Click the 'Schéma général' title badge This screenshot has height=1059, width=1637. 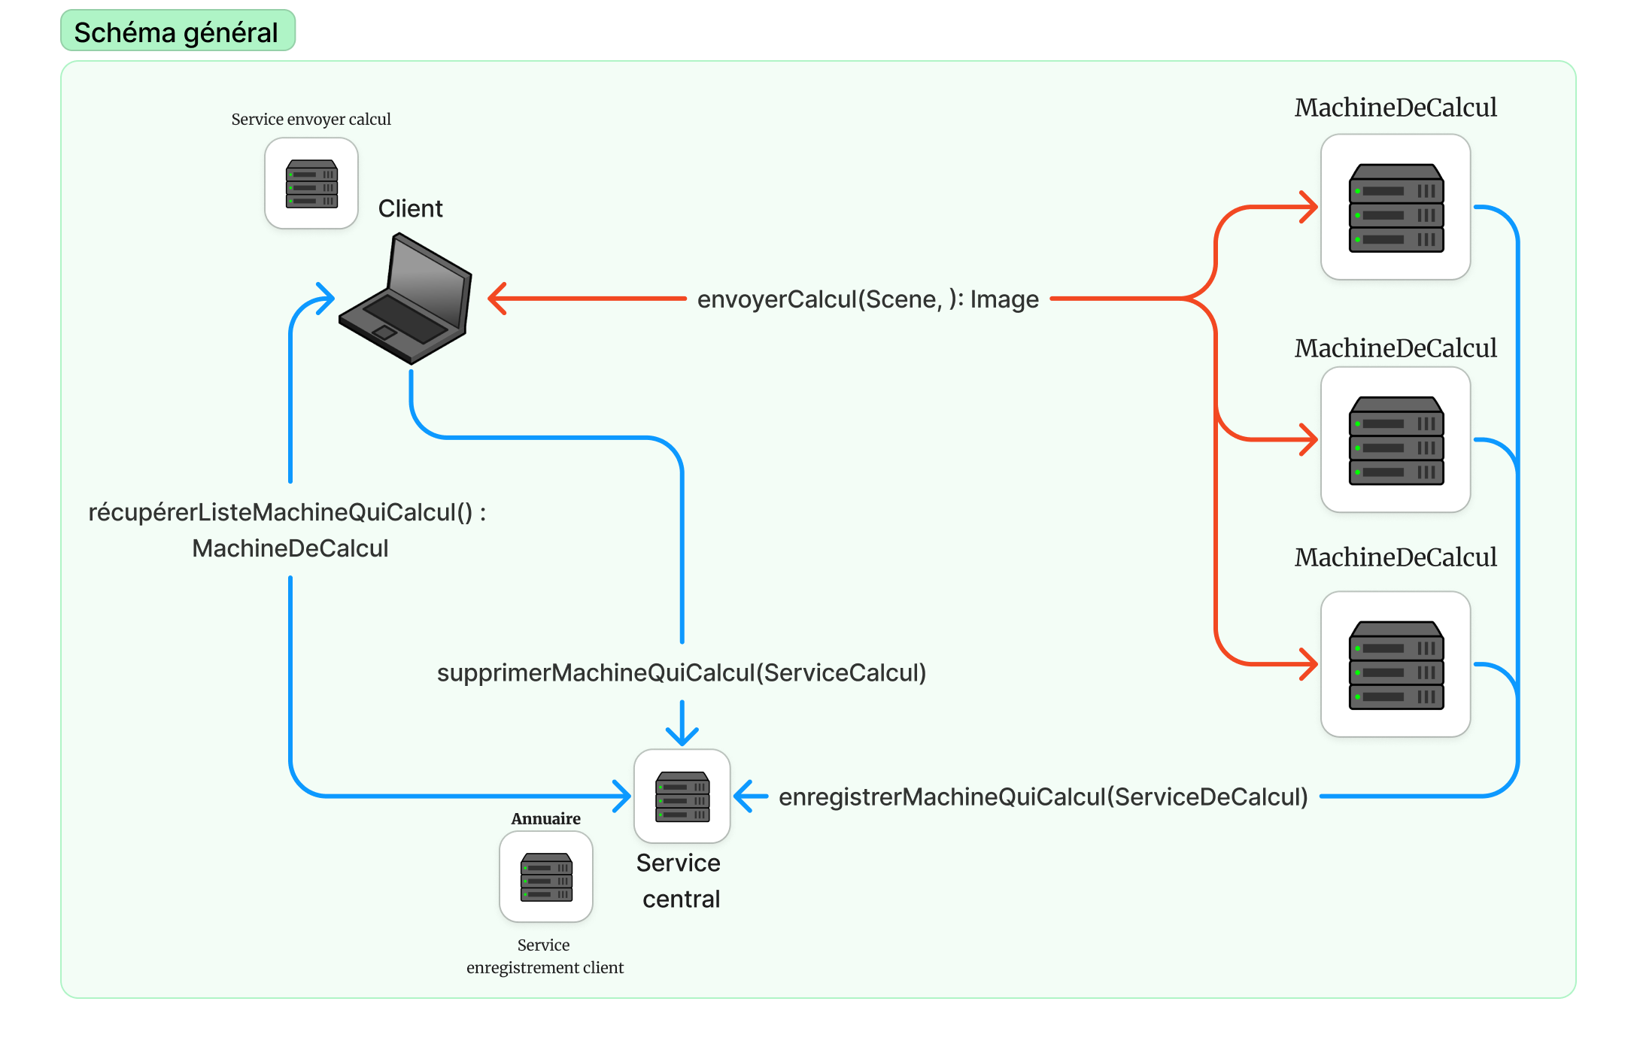click(x=177, y=32)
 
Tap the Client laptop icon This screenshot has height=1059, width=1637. click(x=407, y=300)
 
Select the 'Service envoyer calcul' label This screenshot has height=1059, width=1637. click(x=311, y=120)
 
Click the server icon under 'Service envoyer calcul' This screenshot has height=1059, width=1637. click(x=311, y=184)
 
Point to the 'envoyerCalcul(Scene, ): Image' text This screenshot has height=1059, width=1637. click(x=867, y=299)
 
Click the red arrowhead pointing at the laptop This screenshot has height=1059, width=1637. click(x=498, y=299)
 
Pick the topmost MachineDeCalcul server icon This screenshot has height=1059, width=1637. click(x=1396, y=208)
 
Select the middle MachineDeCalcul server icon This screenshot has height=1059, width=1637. click(x=1396, y=440)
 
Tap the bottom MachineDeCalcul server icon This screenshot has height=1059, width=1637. click(x=1396, y=664)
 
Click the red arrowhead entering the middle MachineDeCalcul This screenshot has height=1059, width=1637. click(x=1309, y=439)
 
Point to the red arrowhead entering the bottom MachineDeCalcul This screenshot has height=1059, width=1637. click(x=1309, y=664)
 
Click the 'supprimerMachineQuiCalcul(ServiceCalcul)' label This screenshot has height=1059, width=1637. click(x=682, y=672)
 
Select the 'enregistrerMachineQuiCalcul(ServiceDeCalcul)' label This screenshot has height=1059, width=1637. click(x=1043, y=797)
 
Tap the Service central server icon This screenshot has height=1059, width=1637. click(x=682, y=797)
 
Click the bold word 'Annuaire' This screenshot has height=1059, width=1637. click(x=545, y=818)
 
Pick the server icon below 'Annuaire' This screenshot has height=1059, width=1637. click(x=546, y=877)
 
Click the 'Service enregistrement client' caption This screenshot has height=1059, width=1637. click(x=545, y=956)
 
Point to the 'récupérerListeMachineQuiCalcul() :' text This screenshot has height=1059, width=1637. click(x=287, y=512)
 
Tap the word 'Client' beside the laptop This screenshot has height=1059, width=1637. click(x=410, y=208)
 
